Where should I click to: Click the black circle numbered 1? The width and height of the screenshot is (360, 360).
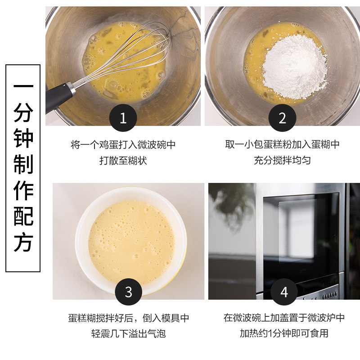point(123,118)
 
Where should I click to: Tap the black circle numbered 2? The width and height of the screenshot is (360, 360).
point(282,118)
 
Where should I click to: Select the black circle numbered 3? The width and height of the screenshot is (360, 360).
point(128,292)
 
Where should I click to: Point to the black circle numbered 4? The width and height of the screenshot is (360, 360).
point(284,292)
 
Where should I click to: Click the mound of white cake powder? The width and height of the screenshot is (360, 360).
point(295,67)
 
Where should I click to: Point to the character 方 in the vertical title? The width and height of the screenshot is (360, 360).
point(23,243)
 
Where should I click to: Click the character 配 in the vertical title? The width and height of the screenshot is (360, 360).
point(23,216)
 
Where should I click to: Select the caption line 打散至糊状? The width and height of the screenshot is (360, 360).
point(123,161)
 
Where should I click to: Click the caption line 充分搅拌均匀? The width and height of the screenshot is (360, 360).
point(282,160)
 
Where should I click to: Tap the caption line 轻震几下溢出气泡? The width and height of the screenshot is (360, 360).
point(128,333)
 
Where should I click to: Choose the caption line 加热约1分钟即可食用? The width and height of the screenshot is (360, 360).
point(284,333)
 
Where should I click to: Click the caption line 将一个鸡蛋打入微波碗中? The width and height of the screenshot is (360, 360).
point(123,144)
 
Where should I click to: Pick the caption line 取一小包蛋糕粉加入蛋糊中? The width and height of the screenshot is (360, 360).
point(282,144)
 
